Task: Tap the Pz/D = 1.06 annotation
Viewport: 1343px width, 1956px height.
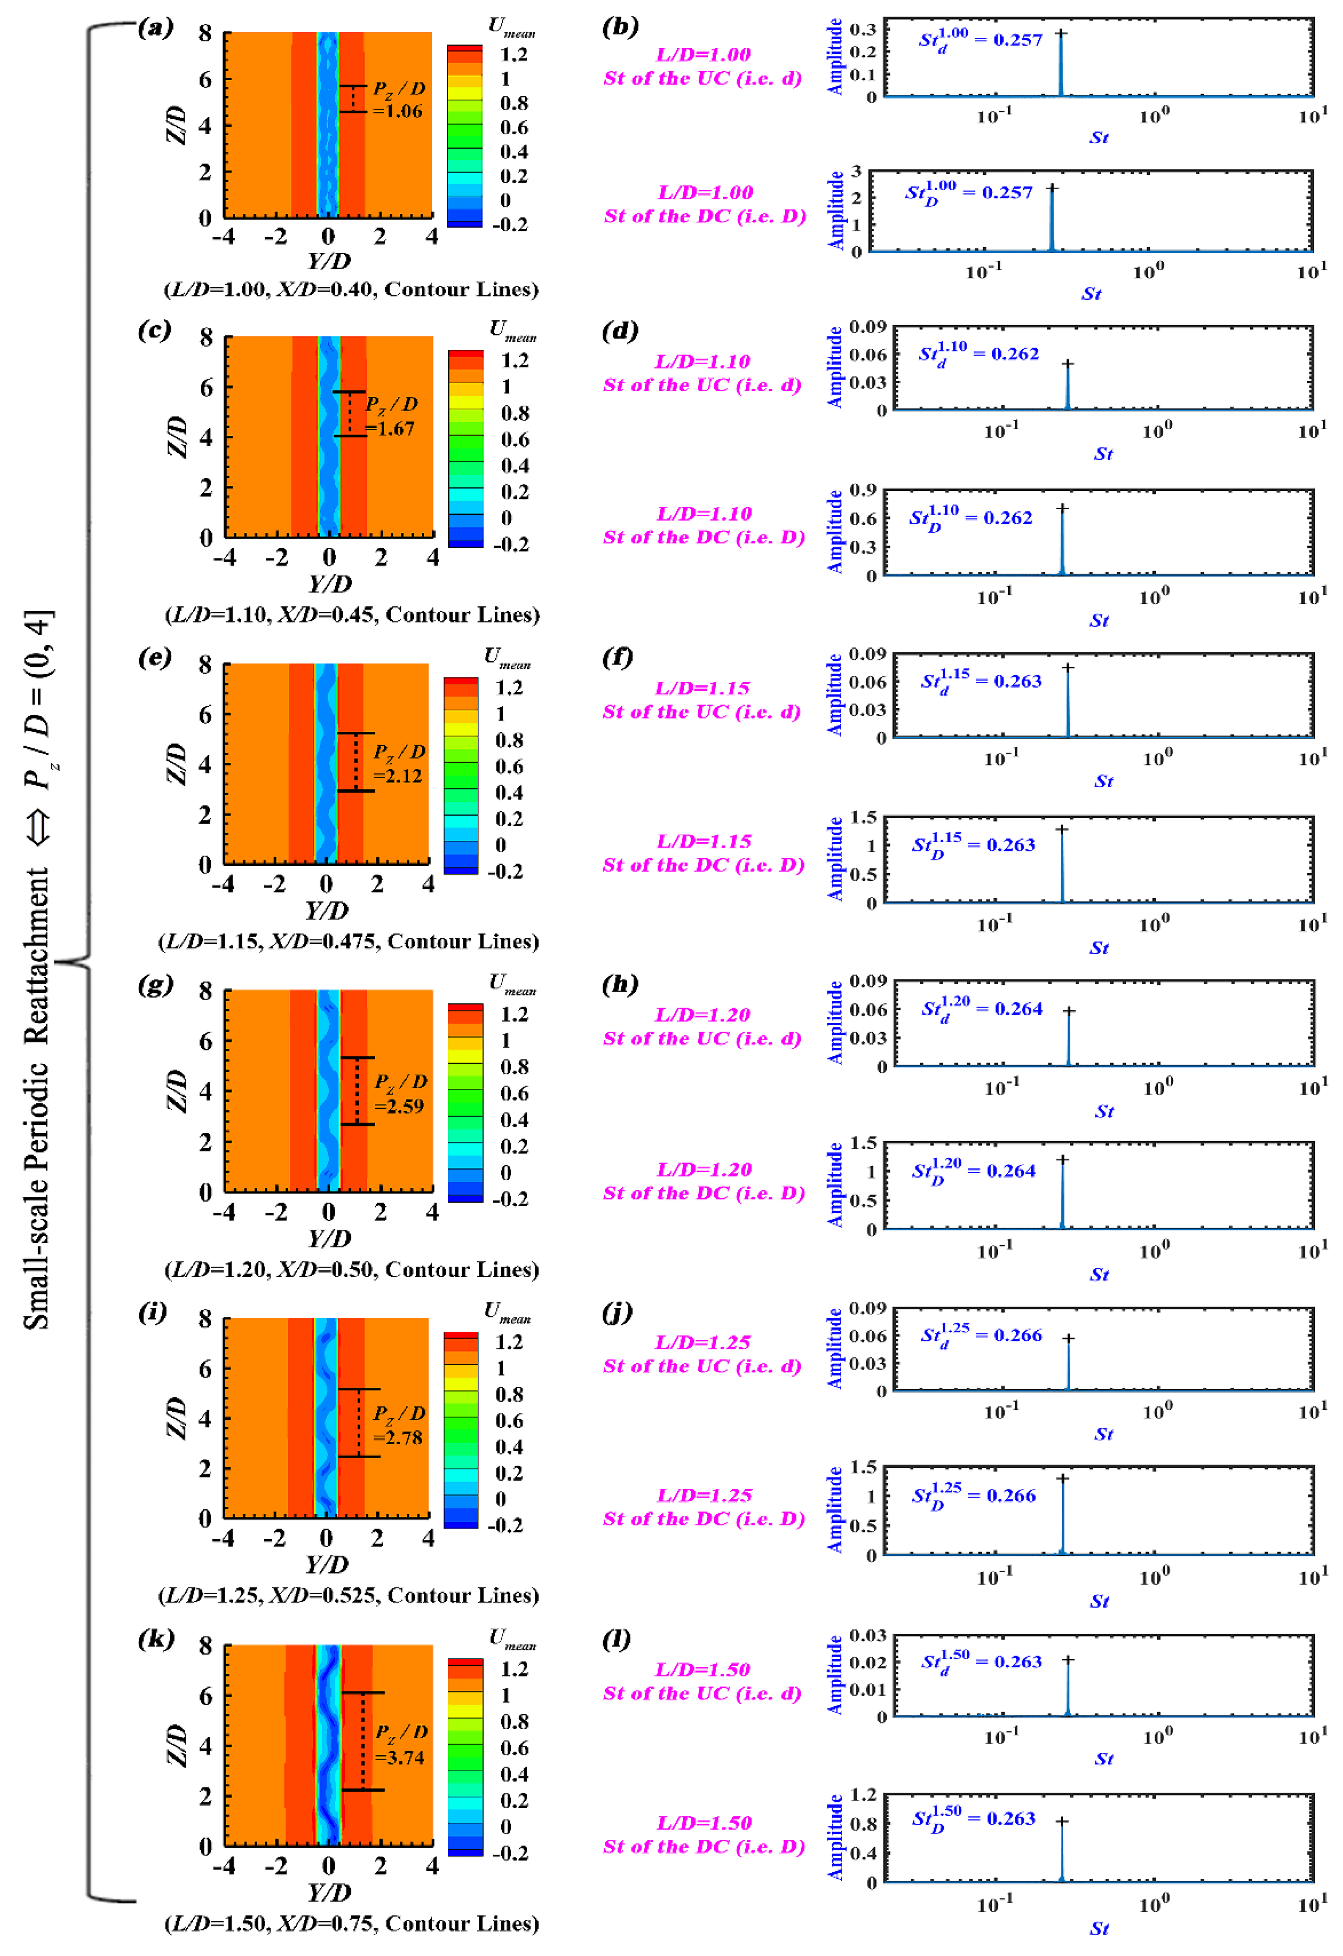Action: click(x=398, y=100)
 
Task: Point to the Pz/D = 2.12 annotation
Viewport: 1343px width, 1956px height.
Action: click(x=398, y=763)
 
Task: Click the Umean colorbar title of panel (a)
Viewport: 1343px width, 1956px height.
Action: click(x=511, y=27)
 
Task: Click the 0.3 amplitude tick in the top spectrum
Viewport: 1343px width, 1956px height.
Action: click(x=862, y=29)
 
